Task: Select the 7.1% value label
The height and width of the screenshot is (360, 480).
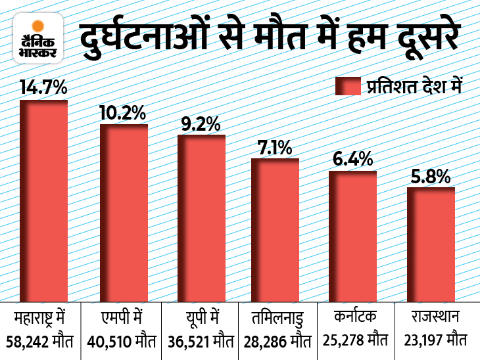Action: [275, 147]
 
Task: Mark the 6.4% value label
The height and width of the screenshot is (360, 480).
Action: [352, 159]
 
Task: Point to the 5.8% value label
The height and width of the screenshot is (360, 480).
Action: [431, 176]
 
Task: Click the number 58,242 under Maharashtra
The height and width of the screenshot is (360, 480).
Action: [29, 341]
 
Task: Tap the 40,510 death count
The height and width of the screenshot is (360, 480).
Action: [108, 341]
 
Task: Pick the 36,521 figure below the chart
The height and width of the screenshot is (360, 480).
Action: [187, 341]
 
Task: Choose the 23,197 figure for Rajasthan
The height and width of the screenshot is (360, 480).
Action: [421, 341]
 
